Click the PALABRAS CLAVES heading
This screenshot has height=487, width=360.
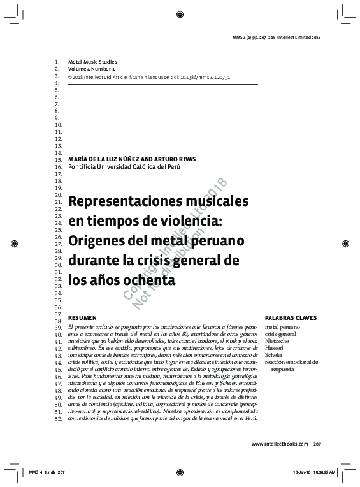point(291,317)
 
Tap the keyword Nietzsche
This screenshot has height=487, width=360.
point(279,341)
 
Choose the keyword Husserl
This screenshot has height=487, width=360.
point(275,348)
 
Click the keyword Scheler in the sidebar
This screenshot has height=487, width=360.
point(275,355)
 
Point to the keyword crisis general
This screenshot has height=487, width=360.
point(280,334)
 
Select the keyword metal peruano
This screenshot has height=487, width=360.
point(282,327)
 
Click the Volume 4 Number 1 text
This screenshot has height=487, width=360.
point(92,68)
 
